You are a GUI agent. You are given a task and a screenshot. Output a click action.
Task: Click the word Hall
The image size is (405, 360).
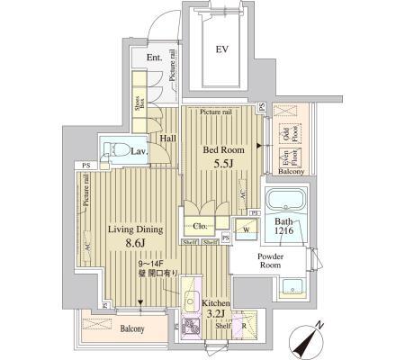pos(168,138)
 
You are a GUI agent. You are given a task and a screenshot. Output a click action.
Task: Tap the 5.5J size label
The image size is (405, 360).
pos(224,165)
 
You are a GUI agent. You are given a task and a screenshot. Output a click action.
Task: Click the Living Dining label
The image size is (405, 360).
pos(135,230)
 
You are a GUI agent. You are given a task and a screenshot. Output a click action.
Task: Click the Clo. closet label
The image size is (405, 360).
pos(198,226)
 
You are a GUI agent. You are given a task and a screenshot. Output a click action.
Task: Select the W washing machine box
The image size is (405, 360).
pos(246,229)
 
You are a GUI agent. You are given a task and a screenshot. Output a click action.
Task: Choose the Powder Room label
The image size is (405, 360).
pos(271,260)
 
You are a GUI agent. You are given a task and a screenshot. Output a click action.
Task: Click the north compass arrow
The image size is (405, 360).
pos(310,340)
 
